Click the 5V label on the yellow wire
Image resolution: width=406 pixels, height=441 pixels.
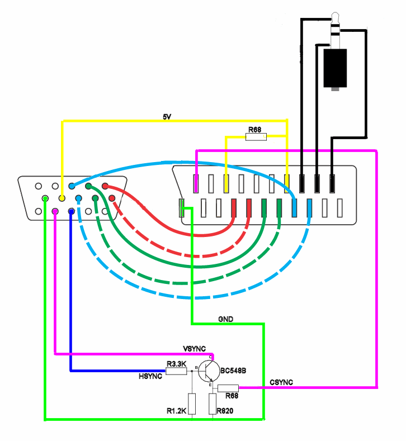coord(167,116)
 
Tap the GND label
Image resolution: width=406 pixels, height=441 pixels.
coord(226,319)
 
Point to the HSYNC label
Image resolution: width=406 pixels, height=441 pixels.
coord(150,376)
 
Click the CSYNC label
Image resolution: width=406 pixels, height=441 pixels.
coord(281,382)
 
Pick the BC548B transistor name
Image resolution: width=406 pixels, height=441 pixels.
coord(234,370)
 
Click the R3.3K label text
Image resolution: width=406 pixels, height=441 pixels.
coord(176,364)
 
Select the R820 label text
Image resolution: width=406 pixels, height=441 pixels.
coord(226,411)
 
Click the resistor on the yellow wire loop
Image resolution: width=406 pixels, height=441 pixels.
coord(257,136)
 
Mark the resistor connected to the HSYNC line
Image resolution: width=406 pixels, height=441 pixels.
coord(176,371)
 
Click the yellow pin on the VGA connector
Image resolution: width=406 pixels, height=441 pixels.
coord(62,198)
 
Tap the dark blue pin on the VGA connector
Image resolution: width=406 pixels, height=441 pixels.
coord(72,211)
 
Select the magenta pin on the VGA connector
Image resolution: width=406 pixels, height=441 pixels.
coord(55,211)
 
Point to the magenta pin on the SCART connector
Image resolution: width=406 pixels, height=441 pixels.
coord(196,182)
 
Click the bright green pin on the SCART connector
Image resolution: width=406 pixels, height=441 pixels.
coord(181,208)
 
